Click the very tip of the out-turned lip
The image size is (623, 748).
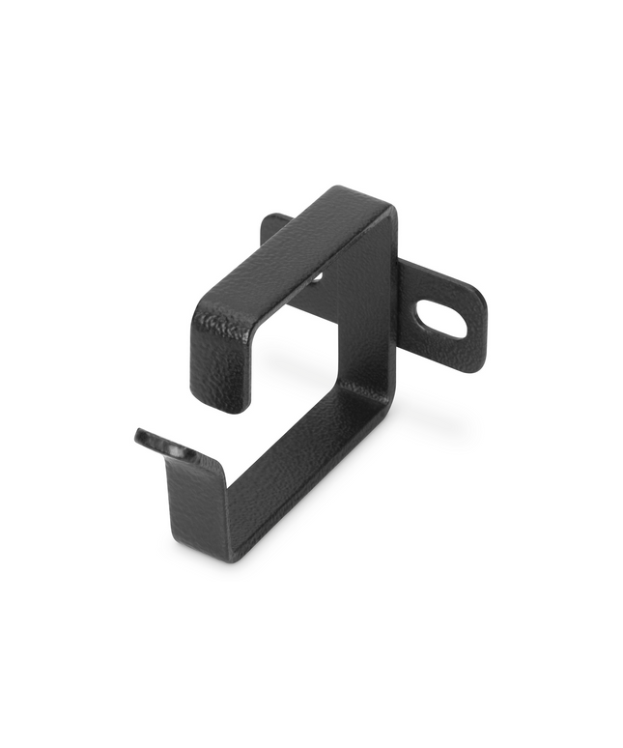pos(139,436)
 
